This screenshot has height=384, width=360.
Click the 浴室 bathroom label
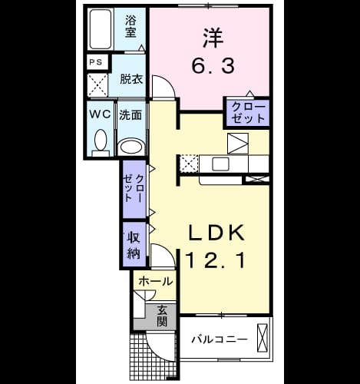130,26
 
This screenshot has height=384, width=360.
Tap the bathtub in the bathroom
101,29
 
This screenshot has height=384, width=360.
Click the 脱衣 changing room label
131,79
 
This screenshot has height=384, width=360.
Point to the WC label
100,114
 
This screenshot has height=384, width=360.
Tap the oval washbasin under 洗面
131,147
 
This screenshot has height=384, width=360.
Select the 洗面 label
130,115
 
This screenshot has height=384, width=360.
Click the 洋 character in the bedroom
213,38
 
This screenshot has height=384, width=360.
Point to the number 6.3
213,65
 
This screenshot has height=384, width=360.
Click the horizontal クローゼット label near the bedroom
248,113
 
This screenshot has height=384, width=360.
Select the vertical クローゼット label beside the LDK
134,189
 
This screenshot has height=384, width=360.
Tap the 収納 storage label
134,245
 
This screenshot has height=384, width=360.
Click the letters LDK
216,232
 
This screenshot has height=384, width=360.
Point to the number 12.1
216,260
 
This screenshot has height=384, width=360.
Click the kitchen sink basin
220,164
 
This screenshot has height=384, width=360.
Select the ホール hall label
155,282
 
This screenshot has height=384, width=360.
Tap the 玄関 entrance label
162,316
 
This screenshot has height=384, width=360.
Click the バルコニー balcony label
220,339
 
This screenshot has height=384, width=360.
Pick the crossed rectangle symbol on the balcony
262,338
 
